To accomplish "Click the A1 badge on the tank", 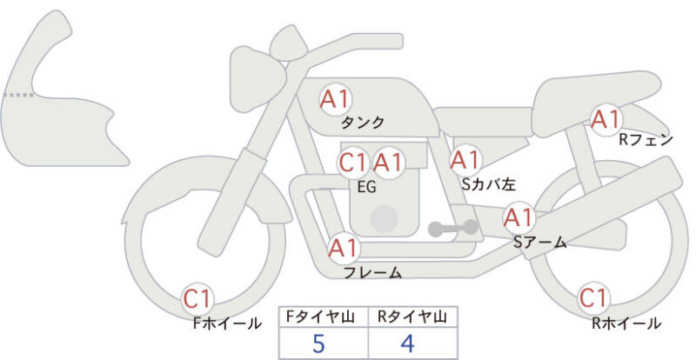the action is (336, 99).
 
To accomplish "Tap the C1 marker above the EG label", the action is (353, 163).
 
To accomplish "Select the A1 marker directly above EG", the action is (388, 163).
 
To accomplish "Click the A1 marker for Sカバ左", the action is (465, 160).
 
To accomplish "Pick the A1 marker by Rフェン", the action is (606, 119).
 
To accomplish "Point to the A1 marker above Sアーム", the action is (519, 217).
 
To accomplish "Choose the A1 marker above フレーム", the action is (344, 248).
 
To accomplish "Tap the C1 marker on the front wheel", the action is (197, 299).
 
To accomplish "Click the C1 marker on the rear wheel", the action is (594, 298).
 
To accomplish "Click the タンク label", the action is (362, 122).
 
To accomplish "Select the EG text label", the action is (366, 187).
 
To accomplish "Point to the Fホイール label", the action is (227, 323).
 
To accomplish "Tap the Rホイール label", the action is (626, 323).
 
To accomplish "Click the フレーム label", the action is (373, 272).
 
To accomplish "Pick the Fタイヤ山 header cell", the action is (323, 317).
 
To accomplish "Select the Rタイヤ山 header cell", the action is (412, 317).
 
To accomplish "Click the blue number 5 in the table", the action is (318, 343).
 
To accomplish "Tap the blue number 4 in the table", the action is (407, 343).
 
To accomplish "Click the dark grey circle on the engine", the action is (384, 219).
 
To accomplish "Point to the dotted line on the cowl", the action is (18, 95).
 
